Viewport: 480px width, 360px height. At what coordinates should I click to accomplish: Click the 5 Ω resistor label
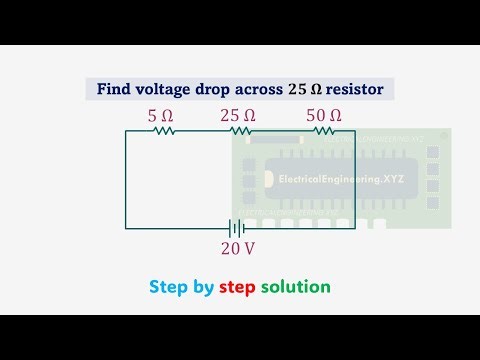coord(162,116)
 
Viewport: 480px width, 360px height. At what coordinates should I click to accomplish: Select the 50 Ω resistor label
coord(324,116)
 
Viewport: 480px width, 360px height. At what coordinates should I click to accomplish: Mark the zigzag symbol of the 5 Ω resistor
coord(163,130)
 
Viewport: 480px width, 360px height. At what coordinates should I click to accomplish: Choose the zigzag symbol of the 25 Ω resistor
coord(240,130)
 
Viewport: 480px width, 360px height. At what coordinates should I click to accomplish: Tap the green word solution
coord(295,287)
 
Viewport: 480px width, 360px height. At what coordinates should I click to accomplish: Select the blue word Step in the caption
coord(168,288)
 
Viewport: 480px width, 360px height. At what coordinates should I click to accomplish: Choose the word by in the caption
coord(203,288)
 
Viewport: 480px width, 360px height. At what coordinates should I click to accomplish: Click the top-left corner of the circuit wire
coord(124,130)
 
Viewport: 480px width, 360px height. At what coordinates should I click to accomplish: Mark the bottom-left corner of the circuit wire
coord(124,228)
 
